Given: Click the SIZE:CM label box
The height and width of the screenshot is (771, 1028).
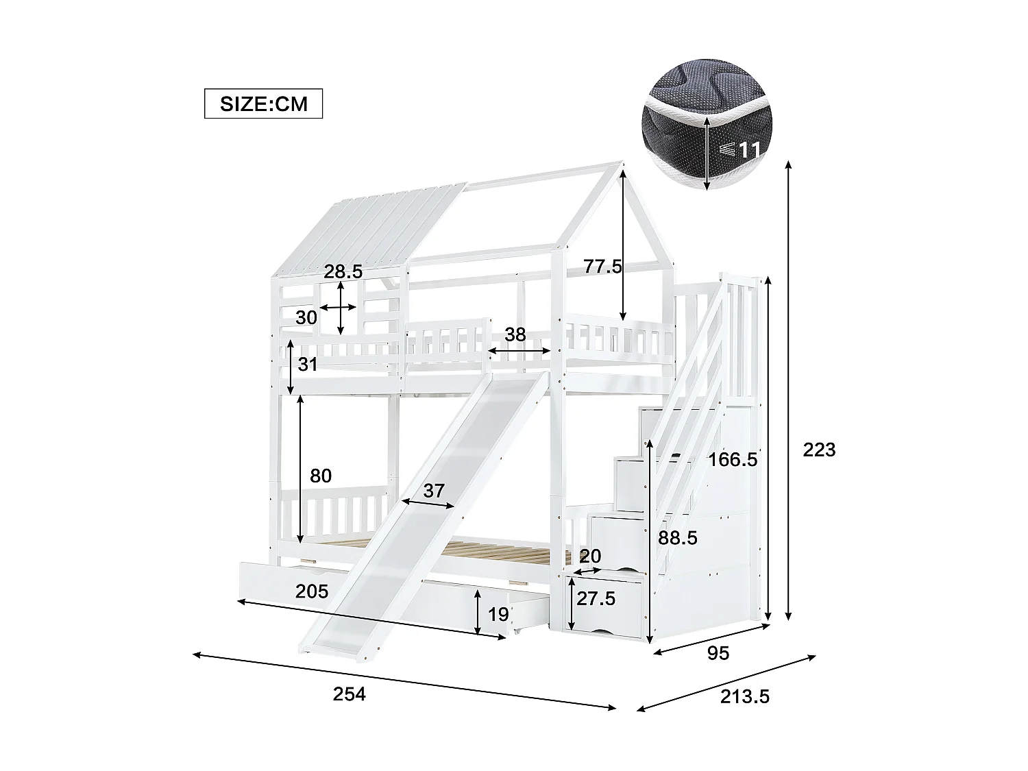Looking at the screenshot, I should (263, 104).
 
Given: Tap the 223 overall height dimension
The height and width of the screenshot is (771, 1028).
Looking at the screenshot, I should (819, 450).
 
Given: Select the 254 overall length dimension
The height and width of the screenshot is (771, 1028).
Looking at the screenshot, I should (350, 694).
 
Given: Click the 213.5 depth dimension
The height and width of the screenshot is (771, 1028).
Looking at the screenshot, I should (745, 696).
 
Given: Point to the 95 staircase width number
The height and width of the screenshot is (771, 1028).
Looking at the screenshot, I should (718, 653).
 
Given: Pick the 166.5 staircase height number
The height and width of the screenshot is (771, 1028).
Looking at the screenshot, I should (733, 459).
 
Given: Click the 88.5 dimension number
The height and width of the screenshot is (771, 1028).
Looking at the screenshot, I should (678, 538).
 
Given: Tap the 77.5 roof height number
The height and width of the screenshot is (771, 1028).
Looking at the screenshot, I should (602, 266).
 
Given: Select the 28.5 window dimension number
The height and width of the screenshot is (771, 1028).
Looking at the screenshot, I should (343, 271).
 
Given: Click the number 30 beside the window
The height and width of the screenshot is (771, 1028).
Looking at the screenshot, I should (306, 317).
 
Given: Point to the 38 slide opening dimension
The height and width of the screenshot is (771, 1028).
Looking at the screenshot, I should (515, 334).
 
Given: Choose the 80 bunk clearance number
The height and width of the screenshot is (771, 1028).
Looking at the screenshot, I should (321, 476).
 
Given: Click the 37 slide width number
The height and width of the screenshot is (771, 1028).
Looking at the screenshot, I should (434, 491).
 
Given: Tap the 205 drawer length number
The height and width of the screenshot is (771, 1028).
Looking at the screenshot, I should (312, 591).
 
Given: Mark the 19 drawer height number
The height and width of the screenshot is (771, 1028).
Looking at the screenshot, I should (498, 614).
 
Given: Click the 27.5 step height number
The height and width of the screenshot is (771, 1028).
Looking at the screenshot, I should (596, 599).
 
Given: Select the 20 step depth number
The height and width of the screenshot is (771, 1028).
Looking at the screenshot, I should (589, 556).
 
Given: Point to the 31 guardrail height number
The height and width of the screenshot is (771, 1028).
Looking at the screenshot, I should (308, 365).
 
